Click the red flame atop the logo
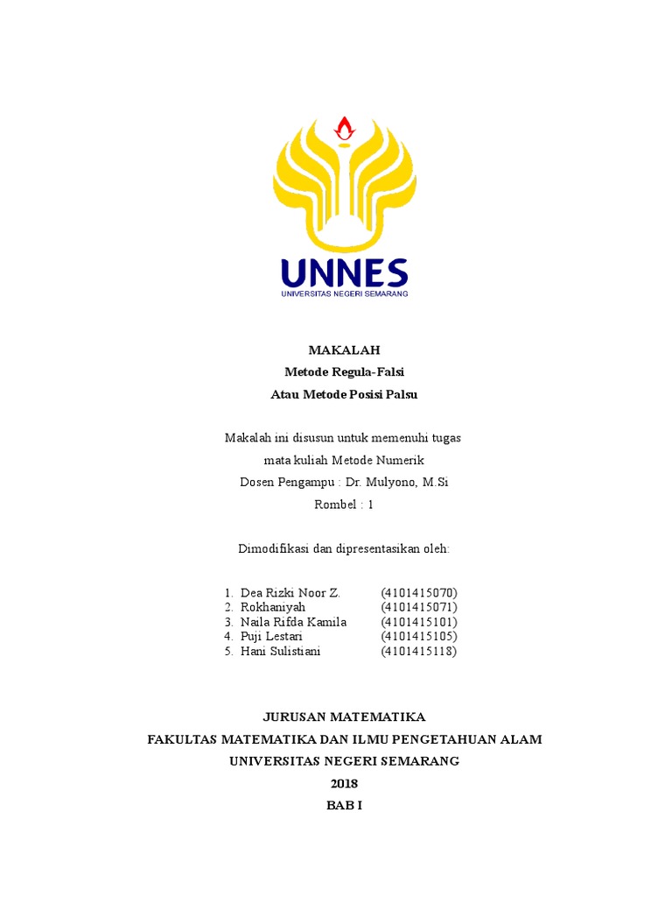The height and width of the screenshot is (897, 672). (345, 128)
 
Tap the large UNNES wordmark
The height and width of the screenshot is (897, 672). (345, 272)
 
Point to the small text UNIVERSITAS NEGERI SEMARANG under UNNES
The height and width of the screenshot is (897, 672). (345, 293)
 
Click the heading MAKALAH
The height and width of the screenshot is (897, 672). (345, 350)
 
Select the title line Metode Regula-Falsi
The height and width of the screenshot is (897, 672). (345, 371)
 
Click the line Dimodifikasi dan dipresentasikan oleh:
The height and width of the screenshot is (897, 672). (345, 548)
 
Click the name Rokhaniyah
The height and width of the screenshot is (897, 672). (270, 607)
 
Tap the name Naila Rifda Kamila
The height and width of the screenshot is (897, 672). (293, 622)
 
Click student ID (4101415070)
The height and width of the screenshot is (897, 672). (419, 593)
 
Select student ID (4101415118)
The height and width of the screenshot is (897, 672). (419, 651)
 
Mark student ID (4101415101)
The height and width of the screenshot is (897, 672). (419, 622)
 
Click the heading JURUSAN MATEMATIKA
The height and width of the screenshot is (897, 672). (345, 716)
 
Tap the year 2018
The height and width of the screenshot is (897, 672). (344, 783)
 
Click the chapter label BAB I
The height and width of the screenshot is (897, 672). (344, 805)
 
